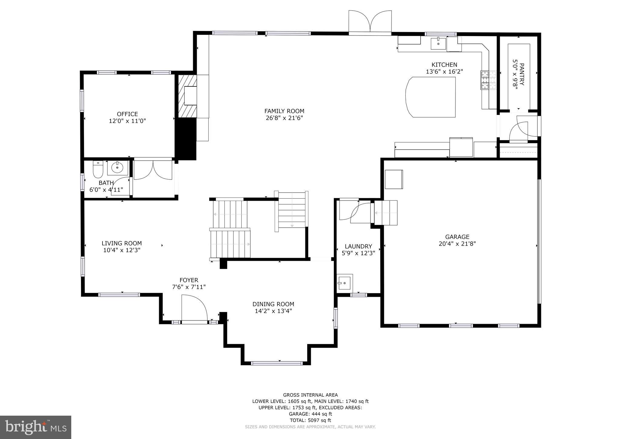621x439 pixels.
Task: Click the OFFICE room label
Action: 127,114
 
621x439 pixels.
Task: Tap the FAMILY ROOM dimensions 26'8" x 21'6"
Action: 284,118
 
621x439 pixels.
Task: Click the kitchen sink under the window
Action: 438,44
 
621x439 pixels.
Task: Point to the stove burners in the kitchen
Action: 488,80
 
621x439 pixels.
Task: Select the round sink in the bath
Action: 117,167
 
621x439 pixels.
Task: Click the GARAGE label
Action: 457,237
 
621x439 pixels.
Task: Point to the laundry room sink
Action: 344,283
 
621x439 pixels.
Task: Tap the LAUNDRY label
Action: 358,246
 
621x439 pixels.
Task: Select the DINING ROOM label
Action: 273,304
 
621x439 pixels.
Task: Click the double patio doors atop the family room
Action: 370,22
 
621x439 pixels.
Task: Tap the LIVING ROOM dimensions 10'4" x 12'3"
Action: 122,250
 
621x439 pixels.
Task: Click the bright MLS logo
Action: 35,427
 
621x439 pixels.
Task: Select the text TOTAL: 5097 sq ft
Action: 310,420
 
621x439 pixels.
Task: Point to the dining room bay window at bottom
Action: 277,363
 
